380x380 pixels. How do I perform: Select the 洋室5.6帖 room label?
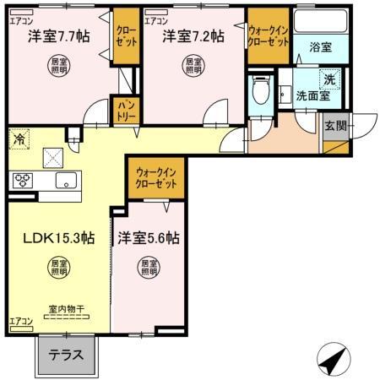click(149, 238)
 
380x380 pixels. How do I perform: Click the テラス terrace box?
click(66, 356)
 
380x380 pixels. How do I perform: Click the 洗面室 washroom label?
click(312, 95)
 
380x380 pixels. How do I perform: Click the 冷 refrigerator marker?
click(17, 134)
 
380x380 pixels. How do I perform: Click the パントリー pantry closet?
click(124, 109)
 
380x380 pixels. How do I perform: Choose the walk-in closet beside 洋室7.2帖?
click(269, 36)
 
